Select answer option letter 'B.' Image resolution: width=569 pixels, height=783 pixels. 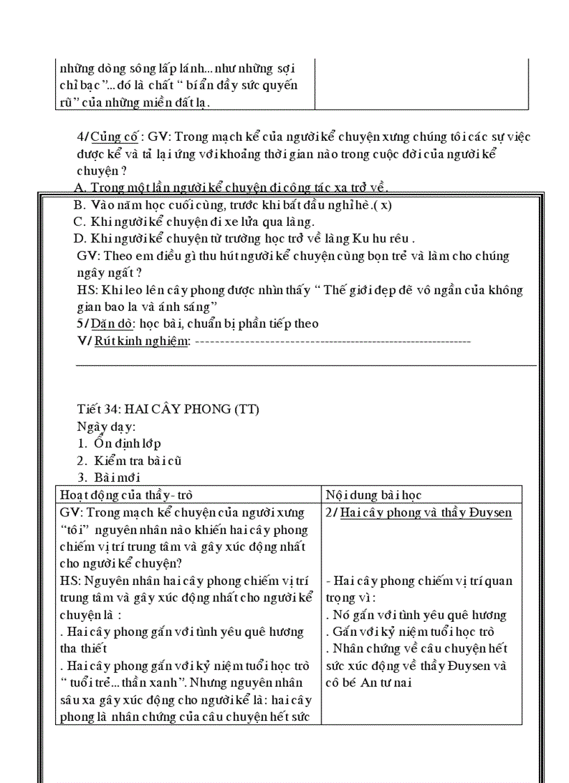79,206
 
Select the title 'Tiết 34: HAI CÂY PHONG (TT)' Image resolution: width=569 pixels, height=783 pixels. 168,409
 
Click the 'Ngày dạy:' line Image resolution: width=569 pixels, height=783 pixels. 106,426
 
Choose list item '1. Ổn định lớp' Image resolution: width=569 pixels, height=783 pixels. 119,443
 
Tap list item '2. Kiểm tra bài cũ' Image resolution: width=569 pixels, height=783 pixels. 130,461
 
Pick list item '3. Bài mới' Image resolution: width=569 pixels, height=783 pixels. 109,478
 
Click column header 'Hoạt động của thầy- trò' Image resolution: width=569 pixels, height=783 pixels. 126,495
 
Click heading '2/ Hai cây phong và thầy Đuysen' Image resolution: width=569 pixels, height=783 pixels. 418,512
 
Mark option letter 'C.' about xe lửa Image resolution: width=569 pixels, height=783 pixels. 79,222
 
